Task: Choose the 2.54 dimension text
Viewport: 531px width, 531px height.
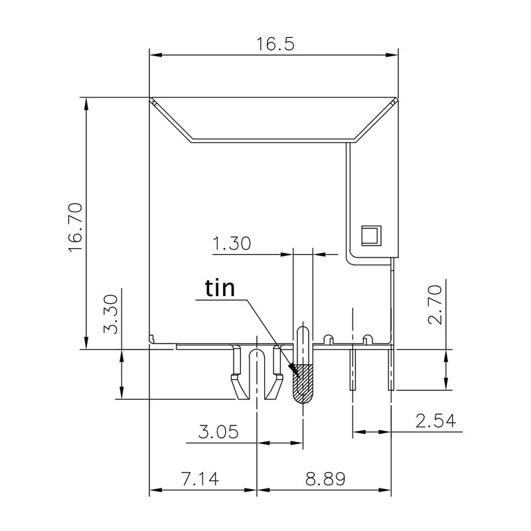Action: tap(435, 420)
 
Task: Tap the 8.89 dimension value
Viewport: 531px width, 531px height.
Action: tap(324, 479)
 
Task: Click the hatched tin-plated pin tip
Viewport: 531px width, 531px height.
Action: tap(303, 384)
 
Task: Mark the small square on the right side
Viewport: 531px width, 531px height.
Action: tap(368, 234)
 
